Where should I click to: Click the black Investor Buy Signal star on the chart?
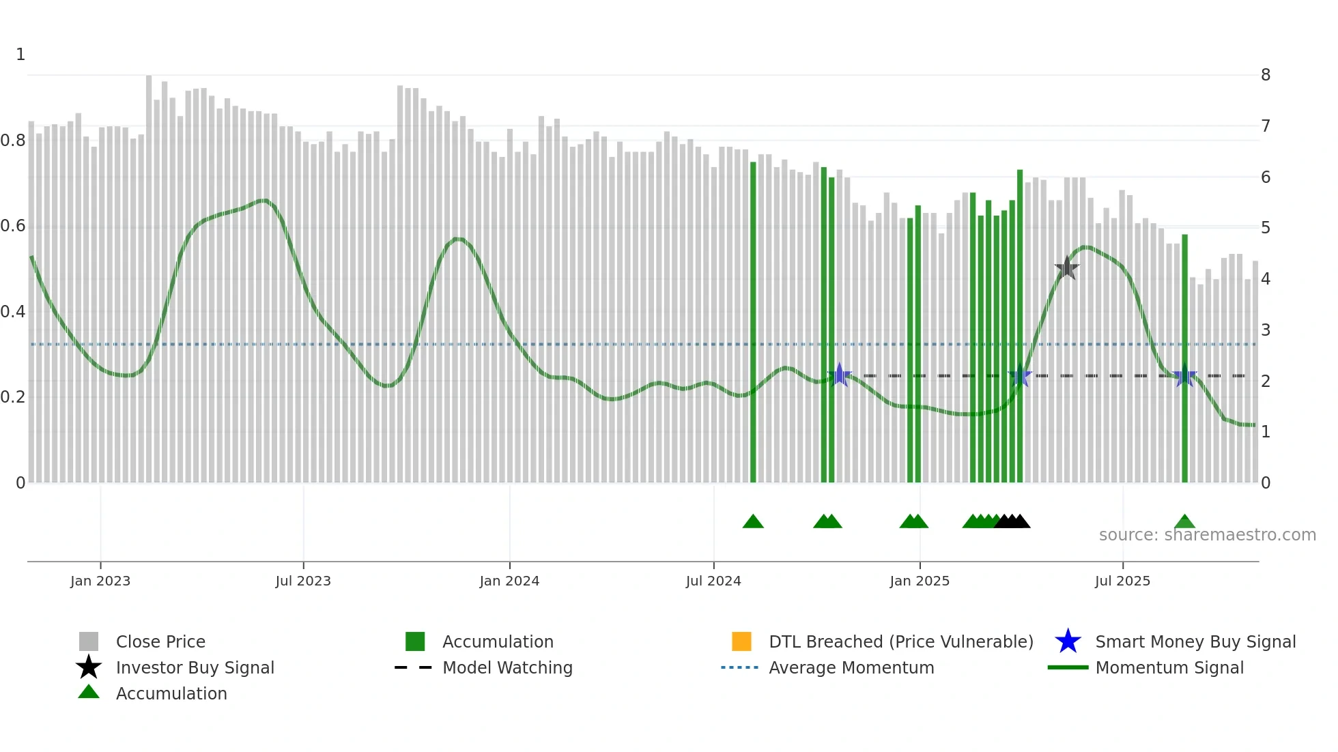click(x=1066, y=268)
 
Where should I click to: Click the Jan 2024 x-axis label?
click(x=509, y=581)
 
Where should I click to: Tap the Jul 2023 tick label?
click(x=303, y=581)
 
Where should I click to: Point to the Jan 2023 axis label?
click(x=100, y=581)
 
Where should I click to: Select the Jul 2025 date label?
click(x=1122, y=581)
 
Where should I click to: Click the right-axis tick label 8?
click(x=1266, y=75)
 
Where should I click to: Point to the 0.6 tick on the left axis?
click(x=13, y=226)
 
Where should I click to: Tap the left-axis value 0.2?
click(x=13, y=397)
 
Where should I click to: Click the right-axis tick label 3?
click(x=1266, y=330)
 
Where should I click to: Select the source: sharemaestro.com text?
click(x=1207, y=535)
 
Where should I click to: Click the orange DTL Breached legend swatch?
click(x=741, y=641)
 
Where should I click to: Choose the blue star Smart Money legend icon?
click(x=1068, y=641)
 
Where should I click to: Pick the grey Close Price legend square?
click(x=89, y=641)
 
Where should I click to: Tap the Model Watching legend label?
click(x=507, y=668)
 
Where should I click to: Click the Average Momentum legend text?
click(x=851, y=668)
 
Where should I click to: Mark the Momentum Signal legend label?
click(x=1169, y=668)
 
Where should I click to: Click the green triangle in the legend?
click(x=89, y=692)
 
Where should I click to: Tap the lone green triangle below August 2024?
click(x=753, y=522)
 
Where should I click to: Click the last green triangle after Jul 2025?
click(x=1184, y=522)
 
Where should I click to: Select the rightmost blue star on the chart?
click(x=1185, y=376)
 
